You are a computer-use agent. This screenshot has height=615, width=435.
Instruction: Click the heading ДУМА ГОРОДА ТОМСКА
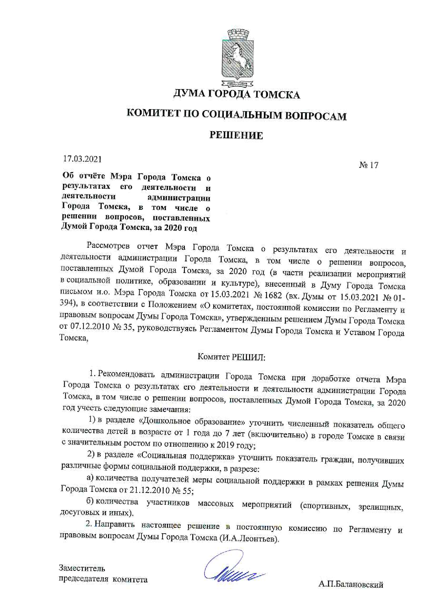point(237,94)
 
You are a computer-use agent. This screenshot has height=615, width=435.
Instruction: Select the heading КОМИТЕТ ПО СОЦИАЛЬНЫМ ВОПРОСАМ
point(236,115)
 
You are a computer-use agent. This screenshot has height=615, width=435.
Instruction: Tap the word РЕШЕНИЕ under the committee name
point(236,135)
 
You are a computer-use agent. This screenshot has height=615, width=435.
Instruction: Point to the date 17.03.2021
point(82,159)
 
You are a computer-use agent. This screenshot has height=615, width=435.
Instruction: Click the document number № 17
point(369,165)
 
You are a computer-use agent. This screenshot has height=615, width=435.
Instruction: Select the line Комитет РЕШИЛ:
point(232,357)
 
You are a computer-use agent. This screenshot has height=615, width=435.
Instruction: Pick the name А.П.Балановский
point(351,584)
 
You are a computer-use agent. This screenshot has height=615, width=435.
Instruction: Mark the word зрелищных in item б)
point(381,507)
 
